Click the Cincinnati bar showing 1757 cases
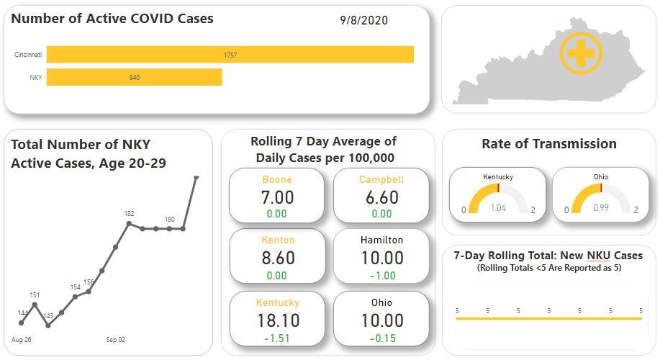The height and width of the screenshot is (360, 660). click(230, 55)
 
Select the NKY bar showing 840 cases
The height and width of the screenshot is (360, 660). click(135, 77)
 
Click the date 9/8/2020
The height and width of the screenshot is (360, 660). click(363, 20)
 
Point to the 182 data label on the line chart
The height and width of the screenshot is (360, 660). click(130, 214)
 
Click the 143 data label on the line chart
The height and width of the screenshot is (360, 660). click(48, 315)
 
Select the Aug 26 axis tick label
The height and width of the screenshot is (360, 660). click(22, 339)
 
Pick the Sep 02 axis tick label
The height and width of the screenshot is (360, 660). click(116, 339)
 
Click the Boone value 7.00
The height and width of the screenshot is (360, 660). click(277, 197)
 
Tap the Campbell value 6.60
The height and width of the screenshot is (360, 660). click(381, 197)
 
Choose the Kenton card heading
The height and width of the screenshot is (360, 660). click(277, 240)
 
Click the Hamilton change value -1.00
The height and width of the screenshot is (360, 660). click(381, 276)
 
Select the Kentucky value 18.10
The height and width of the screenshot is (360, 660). click(277, 320)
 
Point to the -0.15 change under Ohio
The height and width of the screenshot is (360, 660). click(381, 338)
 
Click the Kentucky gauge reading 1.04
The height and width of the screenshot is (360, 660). click(498, 207)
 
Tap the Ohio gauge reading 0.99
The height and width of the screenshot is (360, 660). click(601, 207)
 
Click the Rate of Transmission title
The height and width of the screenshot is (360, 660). click(548, 144)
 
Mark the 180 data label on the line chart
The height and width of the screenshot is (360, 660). click(169, 220)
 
